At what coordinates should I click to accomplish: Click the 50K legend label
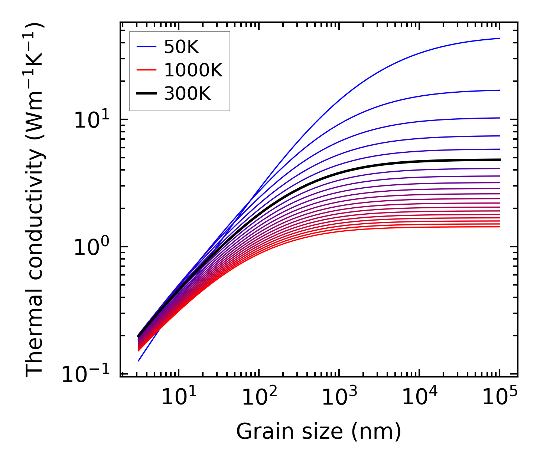coord(181,47)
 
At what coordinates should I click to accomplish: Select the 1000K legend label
coord(193,70)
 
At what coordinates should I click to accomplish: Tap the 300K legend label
coord(187,94)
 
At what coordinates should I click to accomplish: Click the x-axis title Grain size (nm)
coord(319,432)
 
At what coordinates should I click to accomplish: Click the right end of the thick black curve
coord(500,160)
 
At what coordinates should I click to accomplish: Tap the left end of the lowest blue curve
coord(138,361)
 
